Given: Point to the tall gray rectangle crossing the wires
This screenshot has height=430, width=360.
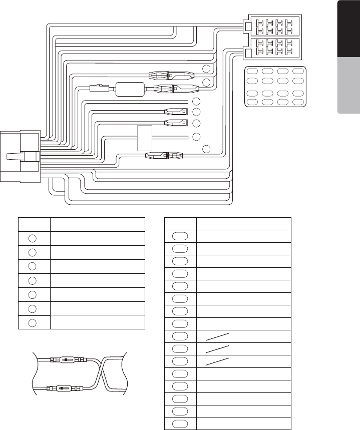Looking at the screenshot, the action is [144, 137].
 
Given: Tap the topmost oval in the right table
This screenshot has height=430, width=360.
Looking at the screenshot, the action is [181, 236].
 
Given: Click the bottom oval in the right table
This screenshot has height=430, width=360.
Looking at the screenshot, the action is [181, 423].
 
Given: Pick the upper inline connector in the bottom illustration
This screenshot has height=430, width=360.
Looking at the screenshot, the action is [67, 360].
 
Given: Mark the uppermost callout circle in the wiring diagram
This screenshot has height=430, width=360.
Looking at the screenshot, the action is [206, 69].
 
